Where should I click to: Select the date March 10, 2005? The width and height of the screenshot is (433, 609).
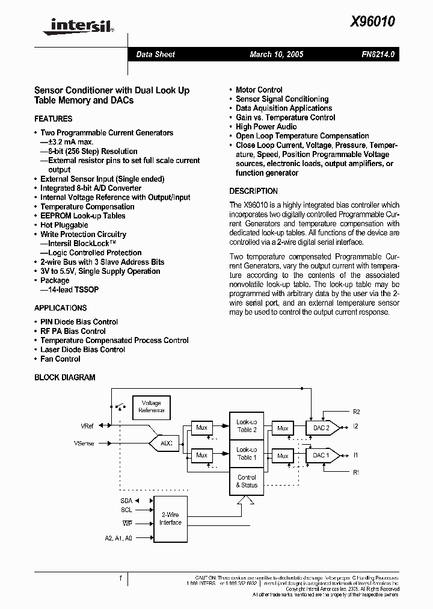(276, 54)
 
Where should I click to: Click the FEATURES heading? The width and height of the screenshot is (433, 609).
(54, 119)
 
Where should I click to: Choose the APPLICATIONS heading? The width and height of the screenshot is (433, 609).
(61, 308)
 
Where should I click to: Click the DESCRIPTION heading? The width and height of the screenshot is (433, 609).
(254, 191)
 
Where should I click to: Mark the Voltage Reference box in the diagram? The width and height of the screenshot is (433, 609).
(151, 407)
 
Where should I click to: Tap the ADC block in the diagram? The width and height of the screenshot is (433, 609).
(166, 444)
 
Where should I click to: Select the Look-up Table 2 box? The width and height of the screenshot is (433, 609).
(247, 426)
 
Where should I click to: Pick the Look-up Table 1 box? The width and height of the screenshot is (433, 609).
(247, 454)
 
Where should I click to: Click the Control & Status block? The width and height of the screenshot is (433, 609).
(247, 481)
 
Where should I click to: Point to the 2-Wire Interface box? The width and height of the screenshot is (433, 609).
(170, 519)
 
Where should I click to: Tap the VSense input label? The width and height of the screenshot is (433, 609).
(83, 444)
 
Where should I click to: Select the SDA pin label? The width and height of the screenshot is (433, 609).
(126, 501)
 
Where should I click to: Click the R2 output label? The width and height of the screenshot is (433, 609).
(357, 412)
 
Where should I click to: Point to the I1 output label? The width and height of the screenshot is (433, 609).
(356, 456)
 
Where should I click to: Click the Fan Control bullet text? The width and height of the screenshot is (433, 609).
(60, 359)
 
